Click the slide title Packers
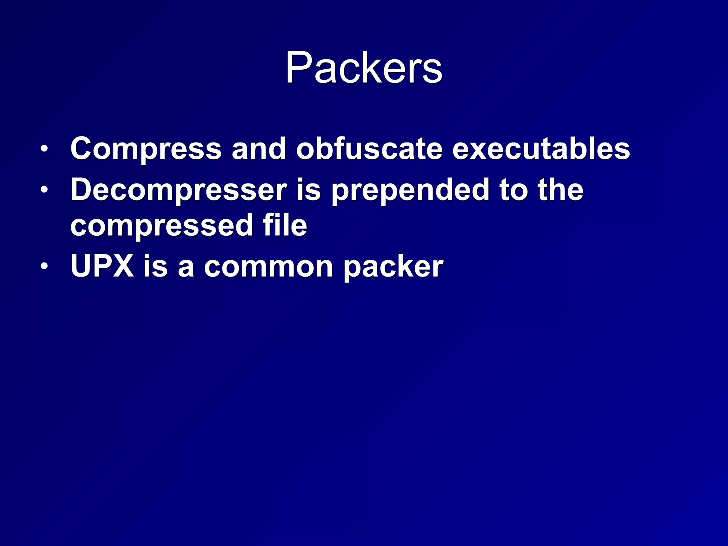click(364, 68)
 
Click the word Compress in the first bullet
click(146, 149)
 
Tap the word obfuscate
click(369, 149)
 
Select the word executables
click(541, 149)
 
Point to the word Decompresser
click(178, 190)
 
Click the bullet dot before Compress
click(44, 149)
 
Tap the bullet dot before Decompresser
click(44, 190)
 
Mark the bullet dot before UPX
click(44, 266)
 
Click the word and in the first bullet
click(259, 149)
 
